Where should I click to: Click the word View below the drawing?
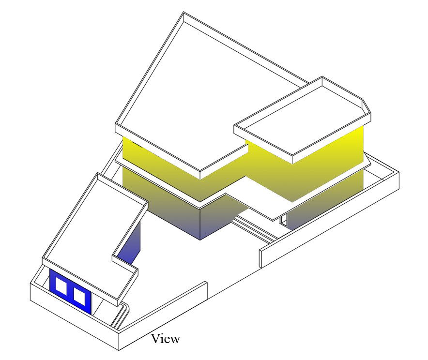tap(165, 339)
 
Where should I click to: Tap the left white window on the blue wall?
tap(61, 286)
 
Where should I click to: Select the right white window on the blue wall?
tap(79, 296)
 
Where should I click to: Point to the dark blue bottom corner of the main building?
tap(200, 227)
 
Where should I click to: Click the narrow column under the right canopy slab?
tap(283, 220)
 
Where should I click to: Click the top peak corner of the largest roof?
tap(183, 14)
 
